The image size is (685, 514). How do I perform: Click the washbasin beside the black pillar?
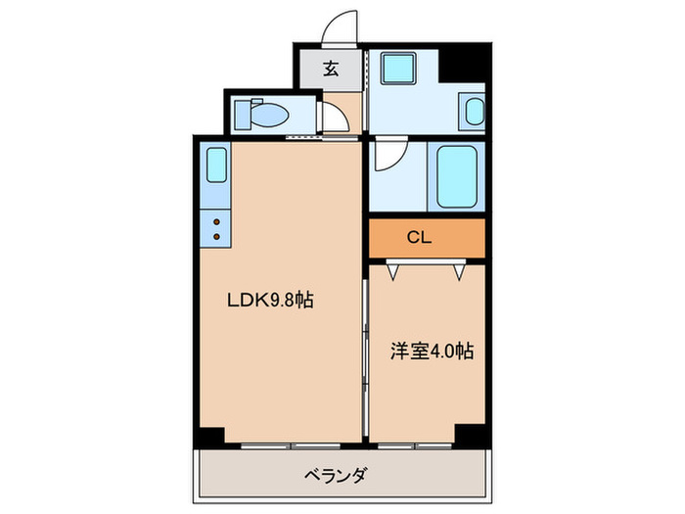pos(474,111)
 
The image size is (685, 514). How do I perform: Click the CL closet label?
pos(420,236)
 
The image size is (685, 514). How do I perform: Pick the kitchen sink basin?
pos(216,166)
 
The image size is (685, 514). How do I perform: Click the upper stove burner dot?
pos(216,221)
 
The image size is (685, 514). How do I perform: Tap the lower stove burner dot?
pos(216,236)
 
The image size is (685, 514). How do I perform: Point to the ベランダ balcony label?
pos(333,477)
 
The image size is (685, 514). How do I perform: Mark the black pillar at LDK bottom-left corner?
pos(210,435)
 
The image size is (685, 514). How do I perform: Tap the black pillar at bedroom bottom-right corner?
pos(471,434)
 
